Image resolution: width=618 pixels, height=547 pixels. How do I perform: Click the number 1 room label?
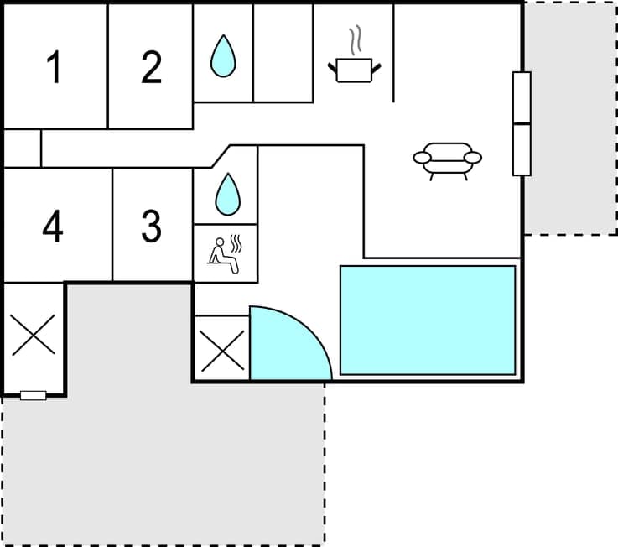pyautogui.click(x=55, y=68)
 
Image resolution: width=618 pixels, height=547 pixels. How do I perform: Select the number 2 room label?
pyautogui.click(x=151, y=68)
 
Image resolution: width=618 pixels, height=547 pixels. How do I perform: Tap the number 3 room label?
pyautogui.click(x=151, y=227)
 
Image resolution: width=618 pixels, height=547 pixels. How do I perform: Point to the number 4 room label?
pyautogui.click(x=53, y=227)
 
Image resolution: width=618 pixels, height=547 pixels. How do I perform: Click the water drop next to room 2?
pyautogui.click(x=223, y=55)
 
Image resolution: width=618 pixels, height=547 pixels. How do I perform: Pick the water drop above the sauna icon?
pyautogui.click(x=226, y=194)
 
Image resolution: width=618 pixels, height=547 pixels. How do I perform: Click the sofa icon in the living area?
pyautogui.click(x=448, y=159)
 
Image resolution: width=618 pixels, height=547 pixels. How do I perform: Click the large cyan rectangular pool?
pyautogui.click(x=428, y=320)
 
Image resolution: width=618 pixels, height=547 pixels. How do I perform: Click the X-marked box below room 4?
pyautogui.click(x=34, y=335)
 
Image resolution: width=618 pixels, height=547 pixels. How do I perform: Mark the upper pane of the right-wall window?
pyautogui.click(x=522, y=97)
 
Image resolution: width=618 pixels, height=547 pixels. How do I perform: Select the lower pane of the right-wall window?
pyautogui.click(x=522, y=149)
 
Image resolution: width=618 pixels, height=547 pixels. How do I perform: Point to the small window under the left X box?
pyautogui.click(x=34, y=395)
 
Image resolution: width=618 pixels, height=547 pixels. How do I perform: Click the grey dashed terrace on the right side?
pyautogui.click(x=570, y=117)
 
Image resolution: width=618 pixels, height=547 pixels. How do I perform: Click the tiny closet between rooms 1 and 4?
pyautogui.click(x=23, y=148)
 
